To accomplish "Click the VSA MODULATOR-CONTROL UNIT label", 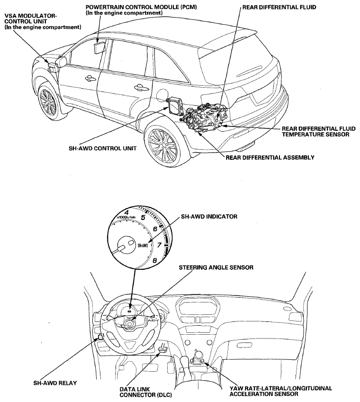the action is pyautogui.click(x=43, y=21).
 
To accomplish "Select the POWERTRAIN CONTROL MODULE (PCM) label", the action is pyautogui.click(x=141, y=10).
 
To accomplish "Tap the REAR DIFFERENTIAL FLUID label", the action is pyautogui.click(x=279, y=7).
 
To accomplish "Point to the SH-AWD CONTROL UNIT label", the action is pyautogui.click(x=102, y=148).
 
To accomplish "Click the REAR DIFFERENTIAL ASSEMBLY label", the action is pyautogui.click(x=270, y=157).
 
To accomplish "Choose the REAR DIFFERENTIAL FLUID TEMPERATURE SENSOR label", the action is pyautogui.click(x=319, y=131).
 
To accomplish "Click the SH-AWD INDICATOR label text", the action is pyautogui.click(x=209, y=217).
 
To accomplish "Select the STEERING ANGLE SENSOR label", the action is pyautogui.click(x=216, y=268).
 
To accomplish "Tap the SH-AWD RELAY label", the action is pyautogui.click(x=55, y=383).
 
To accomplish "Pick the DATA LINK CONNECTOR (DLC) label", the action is pyautogui.click(x=146, y=392).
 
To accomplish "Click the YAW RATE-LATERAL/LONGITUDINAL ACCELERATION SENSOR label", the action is pyautogui.click(x=280, y=391).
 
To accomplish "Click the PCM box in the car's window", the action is pyautogui.click(x=99, y=48).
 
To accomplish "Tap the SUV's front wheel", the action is pyautogui.click(x=49, y=101).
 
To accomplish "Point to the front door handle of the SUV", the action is pyautogui.click(x=90, y=77).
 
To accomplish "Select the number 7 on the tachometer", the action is pyautogui.click(x=159, y=246).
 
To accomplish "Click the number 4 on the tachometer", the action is pyautogui.click(x=126, y=212).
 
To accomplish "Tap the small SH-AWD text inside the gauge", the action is pyautogui.click(x=143, y=246).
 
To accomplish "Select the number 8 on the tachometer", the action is pyautogui.click(x=155, y=261).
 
